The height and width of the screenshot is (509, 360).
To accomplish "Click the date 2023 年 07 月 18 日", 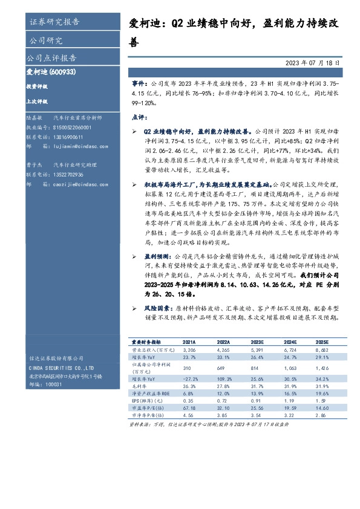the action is point(316,62).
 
